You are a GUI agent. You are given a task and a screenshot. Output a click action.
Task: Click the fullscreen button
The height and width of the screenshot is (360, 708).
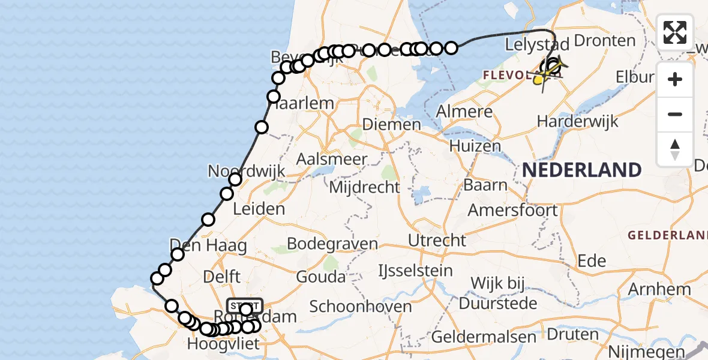(x=675, y=32)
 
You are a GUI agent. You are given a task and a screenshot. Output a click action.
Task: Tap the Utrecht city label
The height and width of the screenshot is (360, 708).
(x=437, y=240)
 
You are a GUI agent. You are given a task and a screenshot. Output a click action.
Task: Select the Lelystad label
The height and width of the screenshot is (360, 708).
(x=537, y=45)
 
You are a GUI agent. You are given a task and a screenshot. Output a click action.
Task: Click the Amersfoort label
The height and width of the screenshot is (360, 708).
(x=512, y=211)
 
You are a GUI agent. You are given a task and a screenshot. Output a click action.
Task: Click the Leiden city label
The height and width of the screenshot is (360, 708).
(x=260, y=209)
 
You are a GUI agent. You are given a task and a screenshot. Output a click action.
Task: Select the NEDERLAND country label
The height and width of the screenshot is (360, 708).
(x=581, y=170)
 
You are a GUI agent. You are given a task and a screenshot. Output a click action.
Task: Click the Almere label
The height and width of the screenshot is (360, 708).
(x=464, y=112)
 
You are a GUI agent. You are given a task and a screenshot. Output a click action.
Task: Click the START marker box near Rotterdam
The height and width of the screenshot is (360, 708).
(x=245, y=305)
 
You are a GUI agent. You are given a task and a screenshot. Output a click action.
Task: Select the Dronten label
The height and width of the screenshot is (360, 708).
(x=604, y=41)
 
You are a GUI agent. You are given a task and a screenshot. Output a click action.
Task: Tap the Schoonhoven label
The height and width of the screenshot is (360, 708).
(x=361, y=307)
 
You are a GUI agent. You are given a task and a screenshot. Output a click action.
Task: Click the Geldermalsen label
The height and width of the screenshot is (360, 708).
(x=484, y=337)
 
